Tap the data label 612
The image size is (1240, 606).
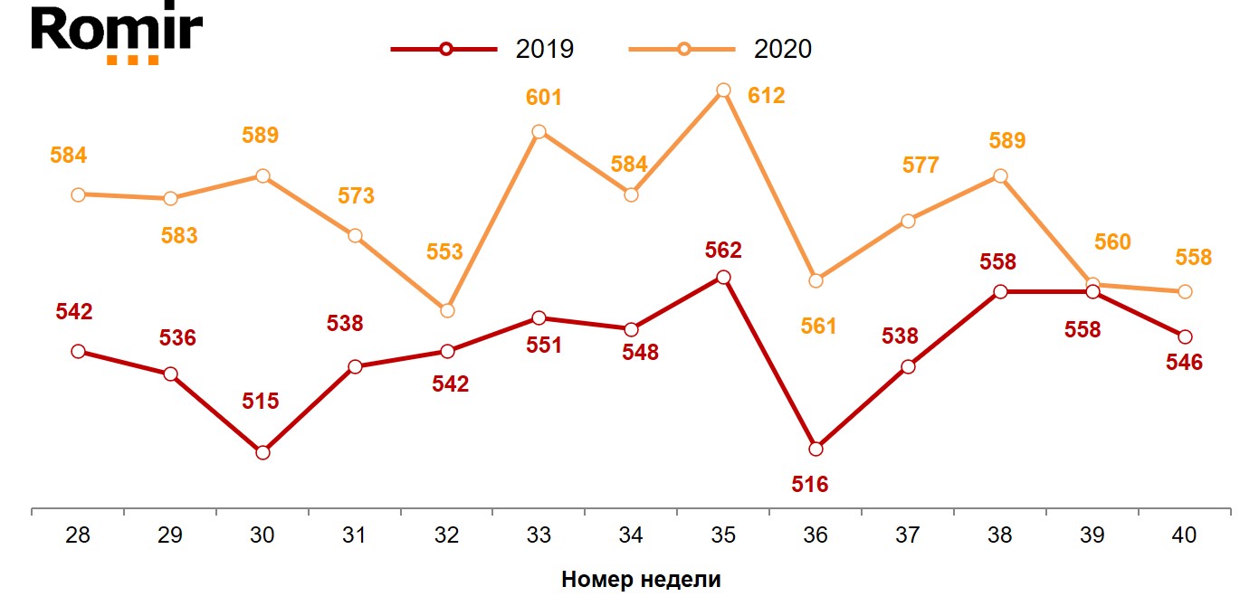tap(766, 96)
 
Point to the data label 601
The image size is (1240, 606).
tap(544, 98)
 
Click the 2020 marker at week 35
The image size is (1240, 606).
tap(723, 90)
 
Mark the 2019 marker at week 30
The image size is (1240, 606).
tap(262, 452)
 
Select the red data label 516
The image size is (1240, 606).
tap(809, 484)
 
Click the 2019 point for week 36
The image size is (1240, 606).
tap(816, 449)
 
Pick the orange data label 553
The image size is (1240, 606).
tap(444, 251)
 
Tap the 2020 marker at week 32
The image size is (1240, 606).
tap(446, 310)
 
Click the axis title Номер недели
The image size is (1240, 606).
tap(641, 580)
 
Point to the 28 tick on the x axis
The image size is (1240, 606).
tap(78, 535)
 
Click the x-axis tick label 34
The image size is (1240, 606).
tap(631, 535)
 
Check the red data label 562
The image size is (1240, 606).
tap(722, 250)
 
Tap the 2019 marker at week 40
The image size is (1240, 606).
tap(1185, 336)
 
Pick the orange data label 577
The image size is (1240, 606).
tap(920, 166)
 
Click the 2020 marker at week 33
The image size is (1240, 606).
tap(539, 132)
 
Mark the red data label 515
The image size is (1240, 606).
tap(261, 401)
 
